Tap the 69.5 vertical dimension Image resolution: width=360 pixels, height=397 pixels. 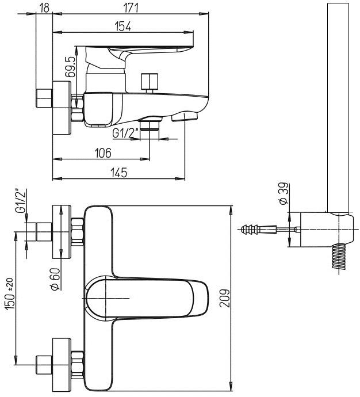(x=70, y=67)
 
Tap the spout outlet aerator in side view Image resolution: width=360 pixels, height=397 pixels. (x=185, y=117)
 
